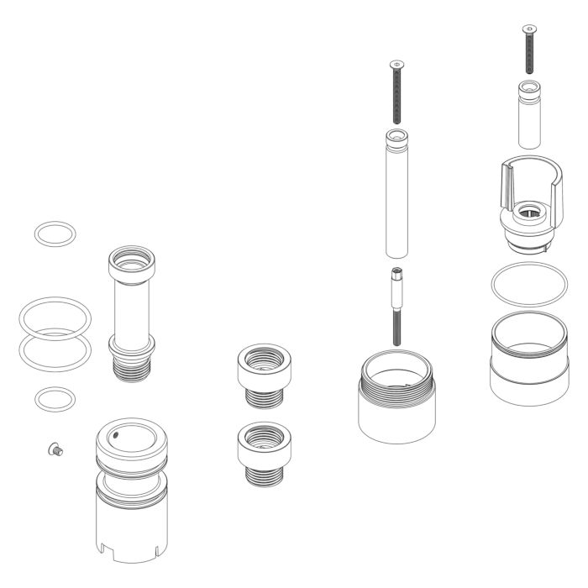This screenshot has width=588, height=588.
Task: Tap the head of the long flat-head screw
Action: point(395,64)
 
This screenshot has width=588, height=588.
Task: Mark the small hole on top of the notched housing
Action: point(117,435)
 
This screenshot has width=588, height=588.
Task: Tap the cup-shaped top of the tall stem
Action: point(133,265)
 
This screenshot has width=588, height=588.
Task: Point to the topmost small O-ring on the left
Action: point(53,234)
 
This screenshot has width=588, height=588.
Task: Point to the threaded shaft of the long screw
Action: point(395,97)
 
